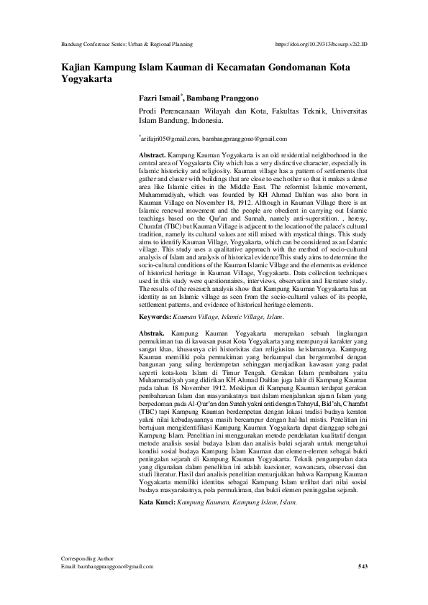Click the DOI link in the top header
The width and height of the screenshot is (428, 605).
[322, 44]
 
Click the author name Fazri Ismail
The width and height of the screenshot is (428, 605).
[160, 97]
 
